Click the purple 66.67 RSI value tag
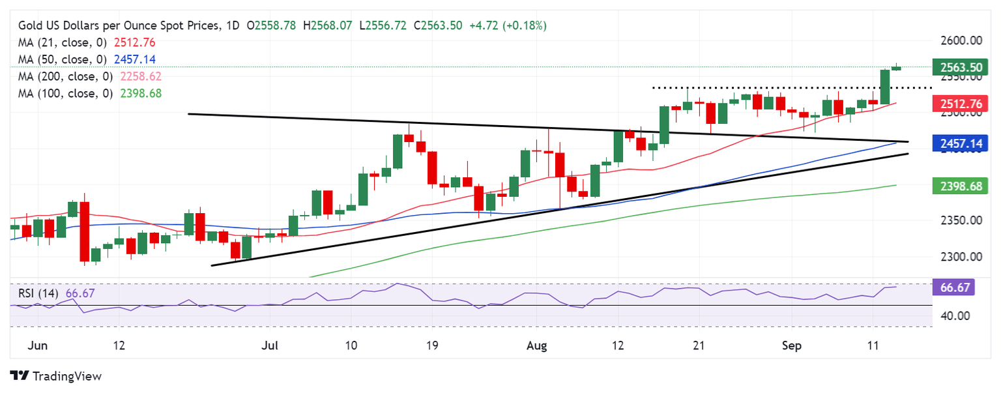pyautogui.click(x=954, y=287)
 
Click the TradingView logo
pyautogui.click(x=56, y=376)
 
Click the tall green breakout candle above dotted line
pyautogui.click(x=884, y=87)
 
